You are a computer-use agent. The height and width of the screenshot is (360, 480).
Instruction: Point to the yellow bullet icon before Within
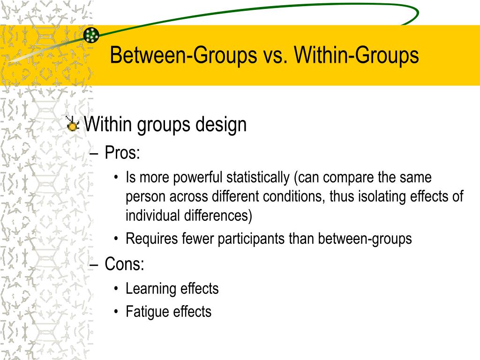pyautogui.click(x=73, y=125)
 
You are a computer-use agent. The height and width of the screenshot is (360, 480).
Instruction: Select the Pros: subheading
pyautogui.click(x=122, y=152)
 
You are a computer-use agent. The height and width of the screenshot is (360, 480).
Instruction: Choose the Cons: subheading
pyautogui.click(x=124, y=264)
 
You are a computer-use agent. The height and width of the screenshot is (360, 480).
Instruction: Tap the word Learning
pyautogui.click(x=147, y=289)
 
